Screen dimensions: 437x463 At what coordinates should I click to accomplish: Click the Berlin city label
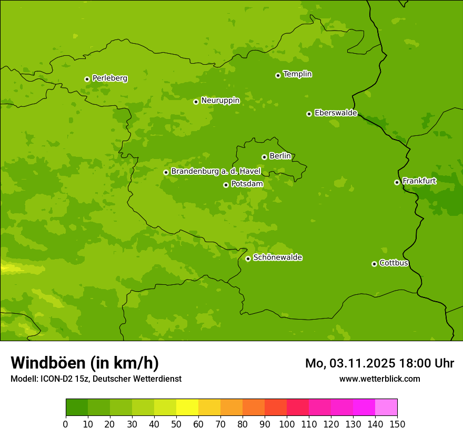(280, 156)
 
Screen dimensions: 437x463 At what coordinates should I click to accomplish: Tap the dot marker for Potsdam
(226, 185)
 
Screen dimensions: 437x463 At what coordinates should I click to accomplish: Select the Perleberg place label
(109, 78)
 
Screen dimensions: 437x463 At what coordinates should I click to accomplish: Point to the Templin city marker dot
(278, 75)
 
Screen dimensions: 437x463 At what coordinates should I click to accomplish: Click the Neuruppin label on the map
(220, 101)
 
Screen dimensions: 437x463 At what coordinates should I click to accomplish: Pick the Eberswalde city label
(336, 113)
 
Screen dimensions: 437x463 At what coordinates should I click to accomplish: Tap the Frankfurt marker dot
(397, 182)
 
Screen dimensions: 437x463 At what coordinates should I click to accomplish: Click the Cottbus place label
(394, 263)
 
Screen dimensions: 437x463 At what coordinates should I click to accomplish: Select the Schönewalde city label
(277, 257)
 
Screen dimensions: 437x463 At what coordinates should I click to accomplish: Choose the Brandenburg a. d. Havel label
(216, 172)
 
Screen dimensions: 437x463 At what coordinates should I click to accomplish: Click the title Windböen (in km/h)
(85, 363)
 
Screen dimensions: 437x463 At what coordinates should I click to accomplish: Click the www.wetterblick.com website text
(379, 379)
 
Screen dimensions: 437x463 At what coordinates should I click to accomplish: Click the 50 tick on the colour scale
(176, 424)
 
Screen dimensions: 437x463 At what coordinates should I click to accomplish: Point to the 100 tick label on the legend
(287, 424)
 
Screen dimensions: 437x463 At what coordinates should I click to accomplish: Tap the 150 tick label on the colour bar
(397, 424)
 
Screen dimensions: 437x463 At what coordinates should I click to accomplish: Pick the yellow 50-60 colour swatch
(187, 408)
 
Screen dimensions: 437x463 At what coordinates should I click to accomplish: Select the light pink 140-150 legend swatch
(386, 408)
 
